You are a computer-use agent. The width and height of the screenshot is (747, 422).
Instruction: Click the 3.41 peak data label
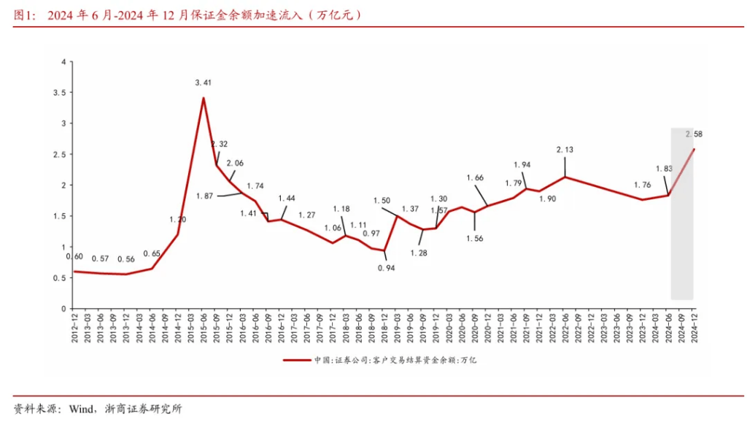[203, 83]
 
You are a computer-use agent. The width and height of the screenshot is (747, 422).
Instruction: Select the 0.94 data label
[386, 268]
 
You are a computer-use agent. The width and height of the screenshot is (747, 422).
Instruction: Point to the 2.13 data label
[565, 150]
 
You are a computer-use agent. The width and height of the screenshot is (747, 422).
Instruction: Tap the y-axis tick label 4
[64, 62]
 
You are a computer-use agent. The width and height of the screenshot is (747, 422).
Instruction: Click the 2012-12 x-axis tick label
[74, 326]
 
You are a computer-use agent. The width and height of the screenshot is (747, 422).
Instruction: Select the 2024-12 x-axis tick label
[694, 326]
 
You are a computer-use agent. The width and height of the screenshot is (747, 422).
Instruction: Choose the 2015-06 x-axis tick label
[204, 326]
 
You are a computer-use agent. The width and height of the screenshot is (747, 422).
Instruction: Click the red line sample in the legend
[296, 360]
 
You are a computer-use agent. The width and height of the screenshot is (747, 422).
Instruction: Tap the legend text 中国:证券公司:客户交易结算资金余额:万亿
[395, 360]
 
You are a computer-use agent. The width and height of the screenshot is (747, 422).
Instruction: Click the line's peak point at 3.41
[204, 98]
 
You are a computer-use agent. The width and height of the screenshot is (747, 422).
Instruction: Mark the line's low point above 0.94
[384, 250]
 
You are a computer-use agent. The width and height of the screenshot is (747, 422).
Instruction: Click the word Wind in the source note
[82, 409]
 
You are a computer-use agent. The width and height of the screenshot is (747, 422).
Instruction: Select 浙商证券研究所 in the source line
[143, 409]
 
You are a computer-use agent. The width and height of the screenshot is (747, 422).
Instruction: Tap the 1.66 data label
[475, 177]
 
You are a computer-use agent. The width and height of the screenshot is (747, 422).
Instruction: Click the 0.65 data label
[152, 253]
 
